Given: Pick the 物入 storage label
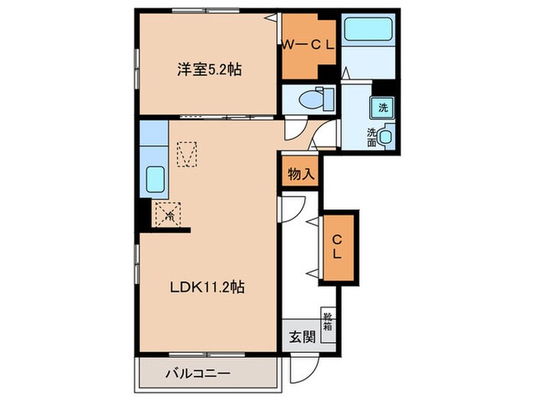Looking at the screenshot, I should coord(300,174).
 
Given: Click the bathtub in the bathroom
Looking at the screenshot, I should coord(368,31).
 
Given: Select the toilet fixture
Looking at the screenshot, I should coord(313,99).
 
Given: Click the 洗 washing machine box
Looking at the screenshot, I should coord(383,107).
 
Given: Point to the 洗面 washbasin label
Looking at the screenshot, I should coord(372,137).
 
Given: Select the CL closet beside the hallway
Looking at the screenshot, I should coord(337,247).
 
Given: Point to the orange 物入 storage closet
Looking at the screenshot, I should coord(300,174).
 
